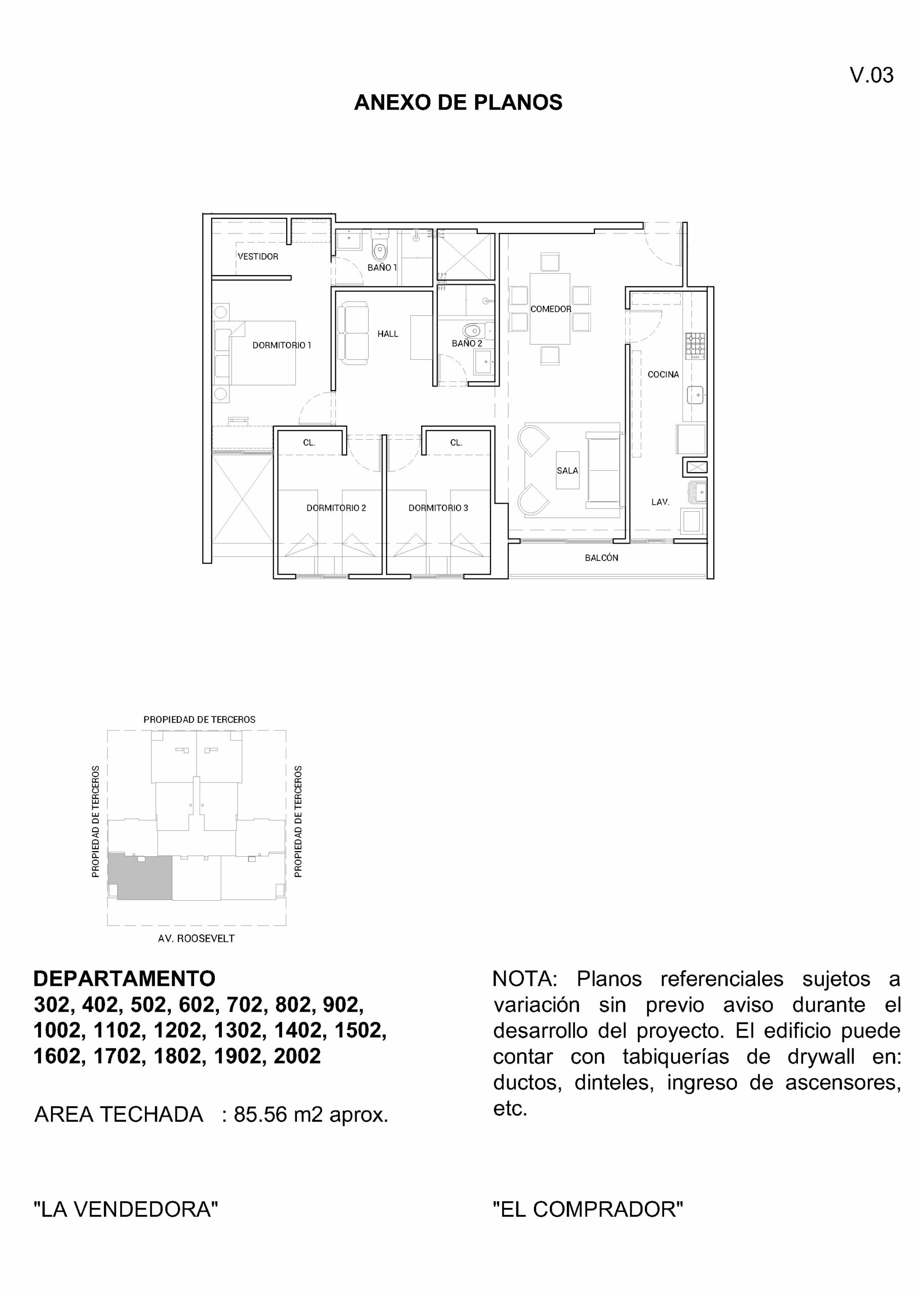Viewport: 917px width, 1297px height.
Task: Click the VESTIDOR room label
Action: pyautogui.click(x=258, y=256)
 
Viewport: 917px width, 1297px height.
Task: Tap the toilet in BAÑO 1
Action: pyautogui.click(x=379, y=249)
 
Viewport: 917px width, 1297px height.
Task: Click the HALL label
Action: pyautogui.click(x=388, y=334)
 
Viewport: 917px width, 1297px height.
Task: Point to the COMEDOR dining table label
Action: pyautogui.click(x=550, y=309)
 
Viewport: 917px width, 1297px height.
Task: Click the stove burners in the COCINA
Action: pyautogui.click(x=696, y=345)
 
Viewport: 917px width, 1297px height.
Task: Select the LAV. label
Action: pyautogui.click(x=660, y=502)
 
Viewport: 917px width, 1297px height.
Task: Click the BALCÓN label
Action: pyautogui.click(x=601, y=557)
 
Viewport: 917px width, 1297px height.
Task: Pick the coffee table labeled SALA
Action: pyautogui.click(x=567, y=470)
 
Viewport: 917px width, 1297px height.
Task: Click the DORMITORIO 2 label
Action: pyautogui.click(x=336, y=508)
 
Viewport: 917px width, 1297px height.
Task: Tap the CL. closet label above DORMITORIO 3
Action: pyautogui.click(x=456, y=443)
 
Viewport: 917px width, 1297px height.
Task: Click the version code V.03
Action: pyautogui.click(x=871, y=75)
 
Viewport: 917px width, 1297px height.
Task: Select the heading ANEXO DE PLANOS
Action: pyautogui.click(x=458, y=102)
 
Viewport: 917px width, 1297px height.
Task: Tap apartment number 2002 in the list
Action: pyautogui.click(x=297, y=1056)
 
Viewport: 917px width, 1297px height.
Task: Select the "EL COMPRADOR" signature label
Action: pyautogui.click(x=588, y=1209)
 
